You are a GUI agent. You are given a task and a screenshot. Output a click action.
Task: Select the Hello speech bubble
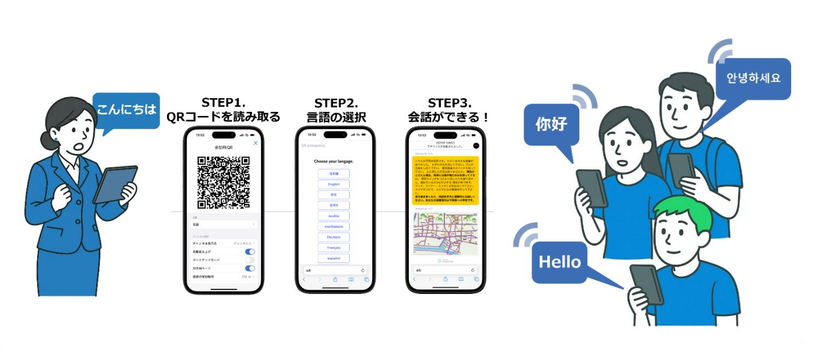pyautogui.click(x=560, y=262)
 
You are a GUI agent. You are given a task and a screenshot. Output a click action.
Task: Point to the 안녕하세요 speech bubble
pyautogui.click(x=753, y=78)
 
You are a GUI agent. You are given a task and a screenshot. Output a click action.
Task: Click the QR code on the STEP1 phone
pyautogui.click(x=223, y=182)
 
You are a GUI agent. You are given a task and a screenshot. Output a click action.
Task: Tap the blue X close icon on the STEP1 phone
pyautogui.click(x=255, y=143)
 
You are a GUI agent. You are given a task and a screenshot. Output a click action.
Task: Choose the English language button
pyautogui.click(x=334, y=184)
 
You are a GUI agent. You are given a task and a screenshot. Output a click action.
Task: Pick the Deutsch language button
pyautogui.click(x=334, y=237)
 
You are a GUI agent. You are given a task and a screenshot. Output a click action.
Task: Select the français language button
pyautogui.click(x=334, y=247)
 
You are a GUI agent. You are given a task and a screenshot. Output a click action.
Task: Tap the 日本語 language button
pyautogui.click(x=334, y=173)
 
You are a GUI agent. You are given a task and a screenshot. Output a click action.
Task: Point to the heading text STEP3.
pyautogui.click(x=450, y=104)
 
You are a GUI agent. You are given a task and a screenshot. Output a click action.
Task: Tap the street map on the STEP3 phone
pyautogui.click(x=446, y=234)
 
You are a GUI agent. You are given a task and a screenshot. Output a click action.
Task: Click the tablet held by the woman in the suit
pyautogui.click(x=115, y=185)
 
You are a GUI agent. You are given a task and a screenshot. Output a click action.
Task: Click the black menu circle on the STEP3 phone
pyautogui.click(x=476, y=146)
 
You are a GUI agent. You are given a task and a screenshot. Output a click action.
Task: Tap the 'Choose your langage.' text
pyautogui.click(x=334, y=161)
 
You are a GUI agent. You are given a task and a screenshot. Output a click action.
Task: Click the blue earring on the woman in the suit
pyautogui.click(x=56, y=138)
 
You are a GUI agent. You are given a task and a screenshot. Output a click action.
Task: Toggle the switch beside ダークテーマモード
pyautogui.click(x=250, y=260)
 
